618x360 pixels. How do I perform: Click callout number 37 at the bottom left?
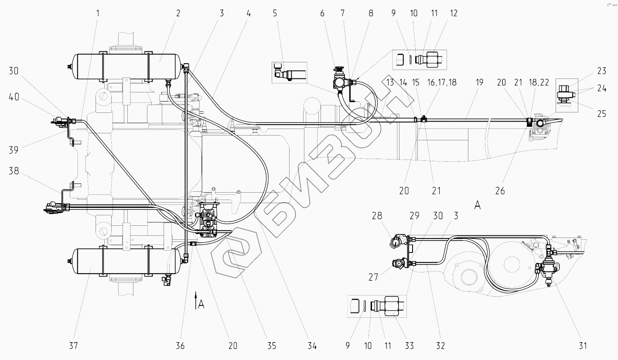pyautogui.click(x=73, y=346)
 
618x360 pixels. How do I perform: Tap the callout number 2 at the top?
pyautogui.click(x=178, y=13)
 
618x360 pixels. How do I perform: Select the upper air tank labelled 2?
pyautogui.click(x=126, y=66)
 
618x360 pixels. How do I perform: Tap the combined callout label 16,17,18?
pyautogui.click(x=442, y=82)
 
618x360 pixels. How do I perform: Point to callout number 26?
pyautogui.click(x=500, y=190)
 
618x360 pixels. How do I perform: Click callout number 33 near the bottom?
pyautogui.click(x=410, y=346)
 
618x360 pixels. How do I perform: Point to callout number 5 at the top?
pyautogui.click(x=275, y=13)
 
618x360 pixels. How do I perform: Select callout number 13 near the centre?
pyautogui.click(x=390, y=82)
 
